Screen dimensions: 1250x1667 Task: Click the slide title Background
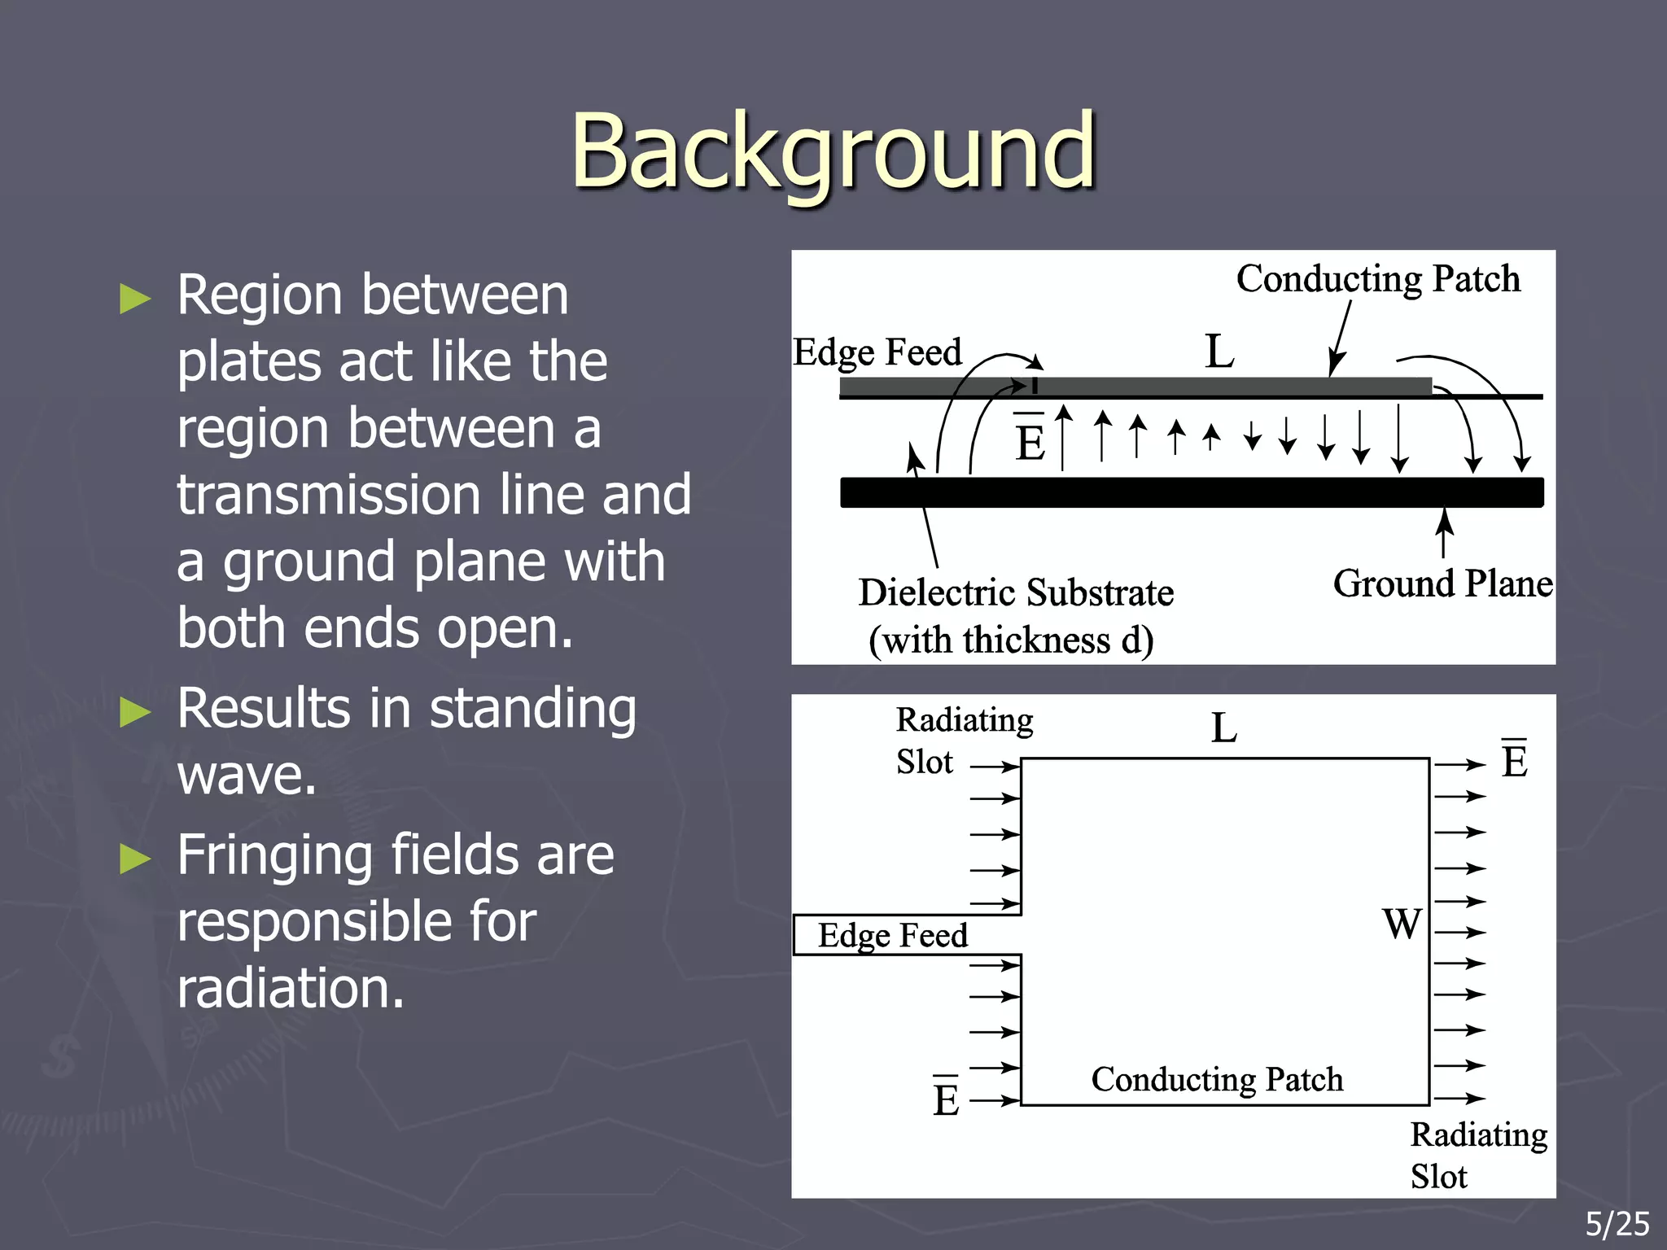point(833,152)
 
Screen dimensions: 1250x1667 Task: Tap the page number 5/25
point(1617,1224)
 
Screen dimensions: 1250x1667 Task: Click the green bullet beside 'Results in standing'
point(135,712)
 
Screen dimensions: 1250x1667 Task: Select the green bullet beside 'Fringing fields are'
point(135,859)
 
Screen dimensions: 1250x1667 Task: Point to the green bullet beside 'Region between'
point(135,299)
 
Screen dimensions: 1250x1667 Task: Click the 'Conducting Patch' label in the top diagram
point(1377,279)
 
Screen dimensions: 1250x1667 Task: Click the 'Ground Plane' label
point(1442,584)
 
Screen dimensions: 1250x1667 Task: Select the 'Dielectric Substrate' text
point(1016,592)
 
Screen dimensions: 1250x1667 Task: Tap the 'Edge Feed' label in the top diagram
point(877,352)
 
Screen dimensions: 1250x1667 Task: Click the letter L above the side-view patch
point(1219,352)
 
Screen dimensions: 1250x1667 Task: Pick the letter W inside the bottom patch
point(1402,924)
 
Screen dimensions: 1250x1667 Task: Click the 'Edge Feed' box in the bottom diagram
point(893,935)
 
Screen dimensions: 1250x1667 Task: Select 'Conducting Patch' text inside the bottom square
point(1217,1080)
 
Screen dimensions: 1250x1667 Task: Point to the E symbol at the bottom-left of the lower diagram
point(946,1099)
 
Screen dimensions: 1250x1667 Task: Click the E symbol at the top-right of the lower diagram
point(1514,761)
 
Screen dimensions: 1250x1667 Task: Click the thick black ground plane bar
point(1192,492)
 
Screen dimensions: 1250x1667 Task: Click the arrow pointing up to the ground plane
point(1444,533)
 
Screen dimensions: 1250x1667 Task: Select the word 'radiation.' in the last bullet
point(291,988)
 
